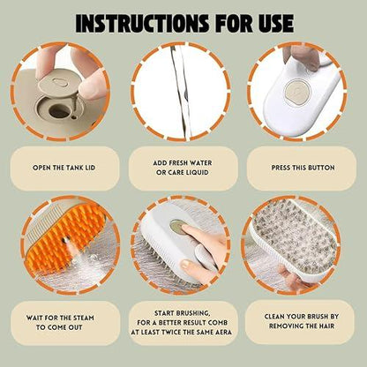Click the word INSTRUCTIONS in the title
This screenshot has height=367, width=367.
pos(142,23)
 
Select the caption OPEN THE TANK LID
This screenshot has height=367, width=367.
pos(64,168)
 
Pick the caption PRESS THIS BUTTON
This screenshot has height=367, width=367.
pos(303,168)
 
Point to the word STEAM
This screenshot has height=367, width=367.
pos(84,318)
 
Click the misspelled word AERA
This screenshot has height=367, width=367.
pos(223,333)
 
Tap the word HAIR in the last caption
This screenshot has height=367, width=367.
pos(326,326)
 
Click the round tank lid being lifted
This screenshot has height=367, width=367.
pos(54,83)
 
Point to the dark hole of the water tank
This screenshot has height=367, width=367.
pos(58,112)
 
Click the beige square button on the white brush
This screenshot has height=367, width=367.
pos(296,92)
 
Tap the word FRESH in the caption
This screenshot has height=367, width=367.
pos(178,163)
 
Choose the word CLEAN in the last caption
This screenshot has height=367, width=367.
pos(274,317)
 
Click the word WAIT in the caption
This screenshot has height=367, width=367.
pos(34,318)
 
